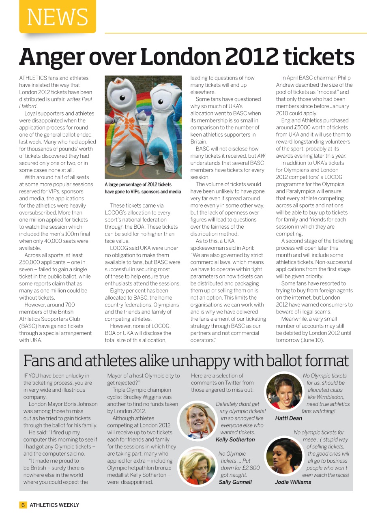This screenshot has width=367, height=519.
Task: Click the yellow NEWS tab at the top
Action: point(57,17)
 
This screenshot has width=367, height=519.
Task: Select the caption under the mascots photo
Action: point(143,188)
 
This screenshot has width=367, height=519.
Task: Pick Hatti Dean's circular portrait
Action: point(284,391)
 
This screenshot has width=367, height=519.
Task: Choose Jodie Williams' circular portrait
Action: point(284,457)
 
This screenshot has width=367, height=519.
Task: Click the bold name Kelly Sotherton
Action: point(235,440)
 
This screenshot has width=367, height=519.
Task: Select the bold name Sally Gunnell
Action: point(235,482)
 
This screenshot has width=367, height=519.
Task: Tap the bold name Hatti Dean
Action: point(288,418)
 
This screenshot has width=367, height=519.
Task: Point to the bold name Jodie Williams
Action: point(293,482)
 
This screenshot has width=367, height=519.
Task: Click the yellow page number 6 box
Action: point(23,505)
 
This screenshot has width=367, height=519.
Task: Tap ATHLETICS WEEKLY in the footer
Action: point(54,505)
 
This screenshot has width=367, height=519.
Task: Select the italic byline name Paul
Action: point(86,99)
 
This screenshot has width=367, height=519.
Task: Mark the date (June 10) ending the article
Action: point(311,340)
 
